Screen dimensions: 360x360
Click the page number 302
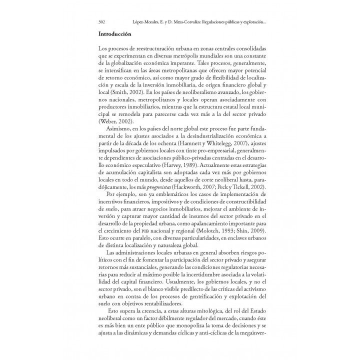[101, 22]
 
